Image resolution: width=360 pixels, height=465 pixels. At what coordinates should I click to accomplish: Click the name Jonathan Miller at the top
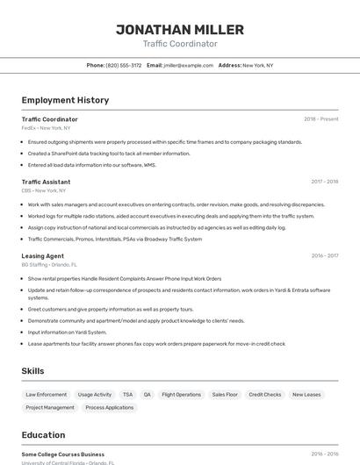(x=179, y=30)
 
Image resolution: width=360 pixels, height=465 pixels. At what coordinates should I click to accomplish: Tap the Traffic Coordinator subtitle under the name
(x=179, y=44)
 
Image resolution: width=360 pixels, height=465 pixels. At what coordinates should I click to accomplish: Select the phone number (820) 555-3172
(x=124, y=65)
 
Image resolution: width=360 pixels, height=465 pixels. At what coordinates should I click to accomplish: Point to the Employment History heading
(x=65, y=100)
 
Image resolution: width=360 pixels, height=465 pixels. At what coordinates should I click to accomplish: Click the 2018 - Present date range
(x=321, y=119)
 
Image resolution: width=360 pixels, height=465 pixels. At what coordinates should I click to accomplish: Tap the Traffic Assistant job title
(x=46, y=182)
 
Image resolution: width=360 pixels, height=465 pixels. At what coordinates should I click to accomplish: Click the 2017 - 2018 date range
(x=324, y=182)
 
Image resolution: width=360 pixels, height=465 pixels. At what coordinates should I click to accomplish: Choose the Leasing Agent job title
(x=42, y=256)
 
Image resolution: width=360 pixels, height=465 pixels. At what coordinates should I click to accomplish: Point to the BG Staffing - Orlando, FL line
(x=49, y=265)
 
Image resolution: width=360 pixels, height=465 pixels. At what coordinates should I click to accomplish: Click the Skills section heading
(x=32, y=371)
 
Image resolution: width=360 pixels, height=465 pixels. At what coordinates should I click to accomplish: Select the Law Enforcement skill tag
(x=47, y=395)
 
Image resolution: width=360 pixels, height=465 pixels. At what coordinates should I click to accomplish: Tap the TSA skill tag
(x=128, y=395)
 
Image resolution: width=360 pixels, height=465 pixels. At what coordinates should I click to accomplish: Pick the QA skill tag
(x=148, y=395)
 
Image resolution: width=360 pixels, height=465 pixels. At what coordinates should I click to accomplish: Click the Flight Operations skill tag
(x=182, y=395)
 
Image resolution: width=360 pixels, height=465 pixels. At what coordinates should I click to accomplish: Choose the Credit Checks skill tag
(x=265, y=395)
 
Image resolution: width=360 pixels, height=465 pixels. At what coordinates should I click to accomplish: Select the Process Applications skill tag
(x=110, y=408)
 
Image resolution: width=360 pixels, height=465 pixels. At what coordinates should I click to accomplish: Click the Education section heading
(x=43, y=434)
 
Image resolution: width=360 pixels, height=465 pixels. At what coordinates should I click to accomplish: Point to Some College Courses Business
(x=63, y=454)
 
